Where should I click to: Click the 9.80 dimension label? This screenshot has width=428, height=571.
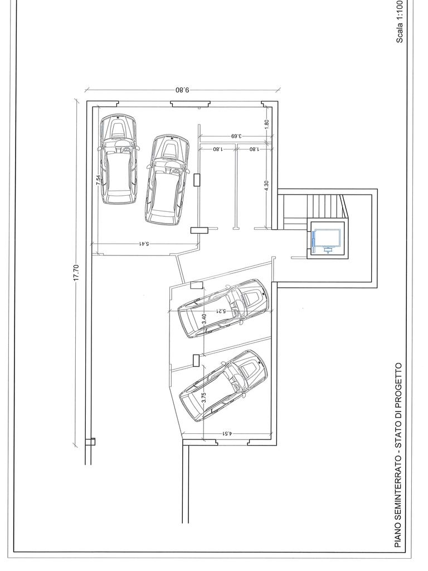tap(182, 89)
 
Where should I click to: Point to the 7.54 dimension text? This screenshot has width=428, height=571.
tap(98, 180)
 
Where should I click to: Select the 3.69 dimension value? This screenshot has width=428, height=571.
tap(236, 136)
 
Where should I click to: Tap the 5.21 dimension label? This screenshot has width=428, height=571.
tap(221, 311)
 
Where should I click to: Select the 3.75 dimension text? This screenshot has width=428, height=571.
tap(204, 397)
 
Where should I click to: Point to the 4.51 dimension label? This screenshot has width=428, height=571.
tap(227, 433)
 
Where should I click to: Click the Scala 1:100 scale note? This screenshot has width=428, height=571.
tap(400, 22)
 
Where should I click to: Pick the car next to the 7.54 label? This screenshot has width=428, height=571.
tap(119, 159)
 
